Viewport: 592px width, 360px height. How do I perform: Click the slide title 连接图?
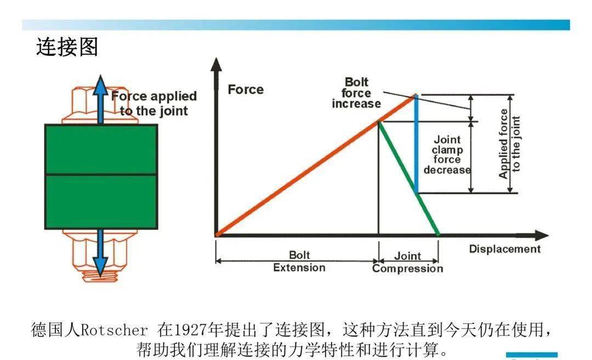67,48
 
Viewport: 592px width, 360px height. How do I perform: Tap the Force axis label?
246,90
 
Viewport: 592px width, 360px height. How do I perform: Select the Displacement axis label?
504,249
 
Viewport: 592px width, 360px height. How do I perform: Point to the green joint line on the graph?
408,178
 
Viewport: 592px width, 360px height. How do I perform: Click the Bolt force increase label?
356,93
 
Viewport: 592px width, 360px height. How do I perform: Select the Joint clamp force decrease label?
447,155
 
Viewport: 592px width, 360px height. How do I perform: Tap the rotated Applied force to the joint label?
509,144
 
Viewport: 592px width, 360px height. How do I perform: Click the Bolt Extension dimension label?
299,261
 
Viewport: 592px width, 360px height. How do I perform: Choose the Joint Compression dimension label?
408,262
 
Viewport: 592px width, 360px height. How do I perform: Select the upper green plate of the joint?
101,149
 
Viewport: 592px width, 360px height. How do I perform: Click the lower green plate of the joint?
101,201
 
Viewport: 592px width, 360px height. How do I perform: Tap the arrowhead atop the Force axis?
217,64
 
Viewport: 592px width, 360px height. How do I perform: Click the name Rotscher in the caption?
115,330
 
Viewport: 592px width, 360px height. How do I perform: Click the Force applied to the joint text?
154,104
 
